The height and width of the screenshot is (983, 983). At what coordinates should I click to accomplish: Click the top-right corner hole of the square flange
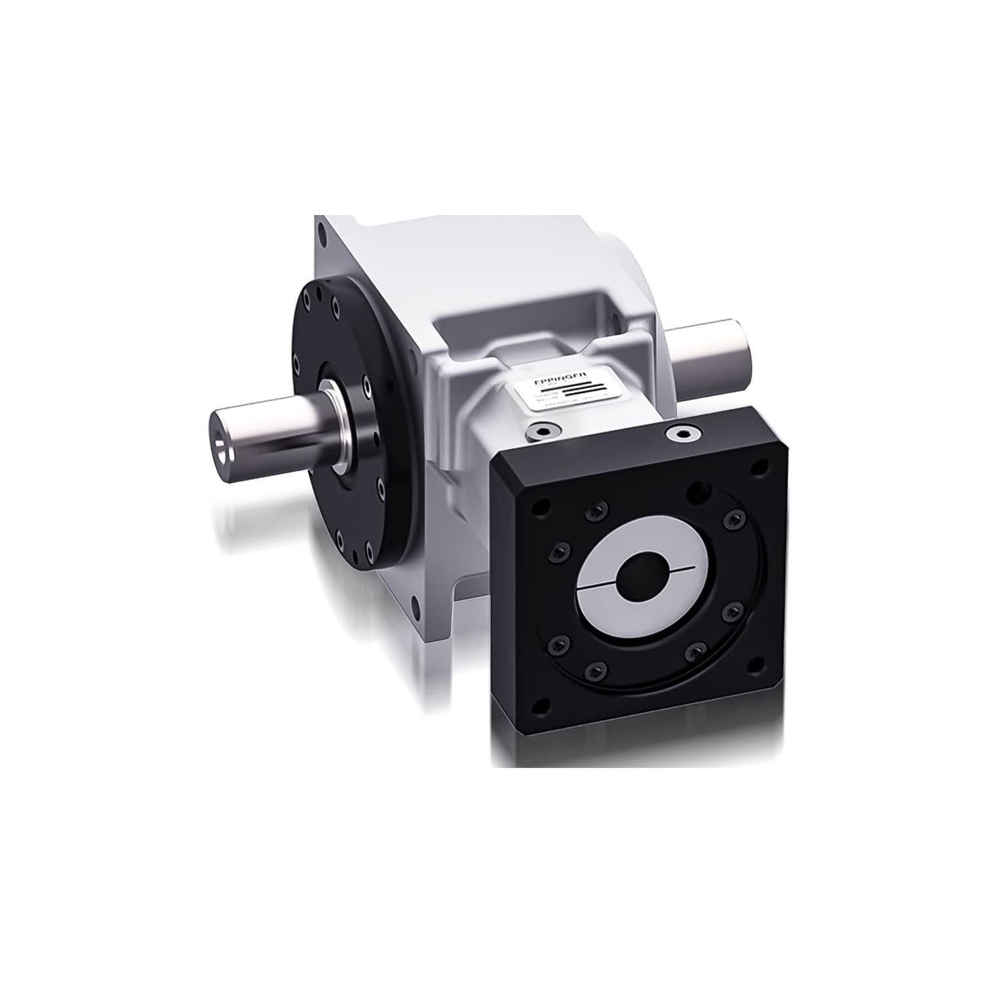[758, 468]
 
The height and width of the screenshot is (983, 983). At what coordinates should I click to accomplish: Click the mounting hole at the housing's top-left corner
[320, 232]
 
